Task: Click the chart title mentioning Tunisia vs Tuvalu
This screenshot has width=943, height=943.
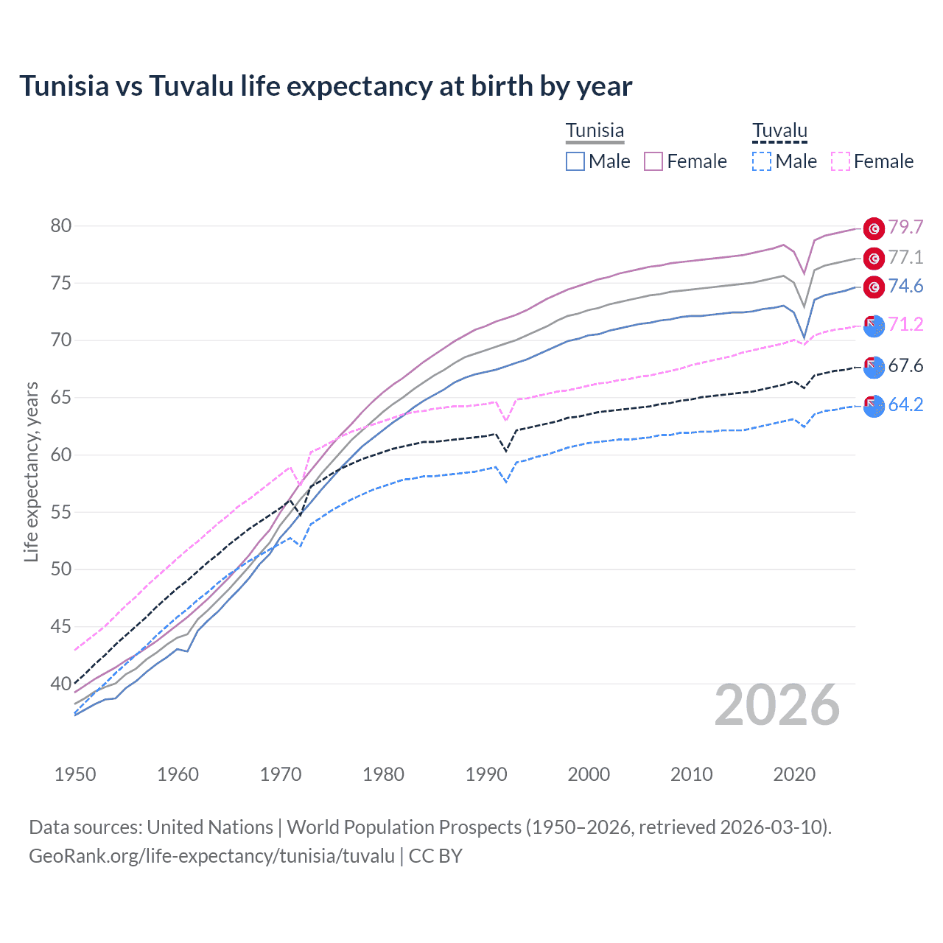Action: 325,86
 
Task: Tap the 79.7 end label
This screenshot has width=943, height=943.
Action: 905,228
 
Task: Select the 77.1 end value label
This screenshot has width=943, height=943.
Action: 905,257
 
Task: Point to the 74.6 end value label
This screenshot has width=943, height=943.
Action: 905,286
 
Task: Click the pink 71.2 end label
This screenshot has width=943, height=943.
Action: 905,324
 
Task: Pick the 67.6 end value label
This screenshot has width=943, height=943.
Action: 905,365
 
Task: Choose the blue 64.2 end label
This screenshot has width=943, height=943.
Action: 905,404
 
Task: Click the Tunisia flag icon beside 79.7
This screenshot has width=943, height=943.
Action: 874,229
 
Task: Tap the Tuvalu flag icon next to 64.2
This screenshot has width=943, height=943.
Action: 874,406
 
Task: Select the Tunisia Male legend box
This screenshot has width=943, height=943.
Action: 575,161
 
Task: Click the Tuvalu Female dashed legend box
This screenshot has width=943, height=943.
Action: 841,161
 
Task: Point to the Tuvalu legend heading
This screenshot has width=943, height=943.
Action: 779,131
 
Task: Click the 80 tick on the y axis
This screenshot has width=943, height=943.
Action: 61,225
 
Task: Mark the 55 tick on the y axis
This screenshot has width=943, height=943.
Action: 61,512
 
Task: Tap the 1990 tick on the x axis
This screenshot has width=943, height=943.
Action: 486,774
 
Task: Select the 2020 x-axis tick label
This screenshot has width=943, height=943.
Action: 794,774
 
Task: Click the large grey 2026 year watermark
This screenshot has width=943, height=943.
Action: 777,706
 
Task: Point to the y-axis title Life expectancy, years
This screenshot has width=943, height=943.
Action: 31,471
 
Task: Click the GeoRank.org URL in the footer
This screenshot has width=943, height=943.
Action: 211,856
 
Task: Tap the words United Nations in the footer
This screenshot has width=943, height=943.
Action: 210,827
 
